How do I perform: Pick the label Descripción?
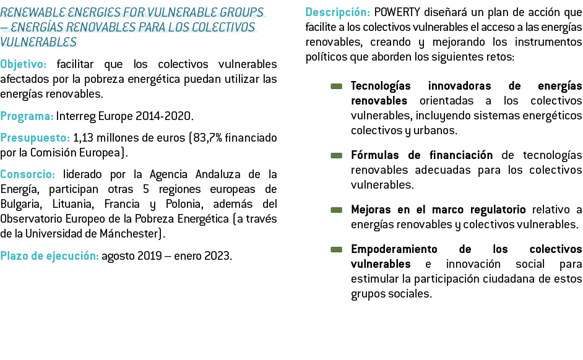pos(338,12)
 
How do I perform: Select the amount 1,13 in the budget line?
pos(83,137)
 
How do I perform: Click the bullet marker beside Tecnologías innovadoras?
pos(335,87)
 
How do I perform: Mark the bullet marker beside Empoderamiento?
pos(335,250)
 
